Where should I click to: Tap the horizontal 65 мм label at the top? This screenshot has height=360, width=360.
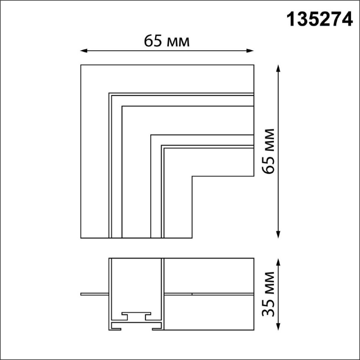coord(167,41)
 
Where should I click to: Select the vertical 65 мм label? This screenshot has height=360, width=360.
coord(267,151)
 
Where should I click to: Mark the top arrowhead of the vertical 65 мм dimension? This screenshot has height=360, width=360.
coord(278,67)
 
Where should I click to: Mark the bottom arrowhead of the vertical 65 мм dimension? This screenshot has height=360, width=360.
coord(278,236)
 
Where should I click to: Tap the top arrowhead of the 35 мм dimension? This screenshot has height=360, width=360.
coord(278,261)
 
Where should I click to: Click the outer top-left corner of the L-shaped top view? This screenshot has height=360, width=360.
coord(81,65)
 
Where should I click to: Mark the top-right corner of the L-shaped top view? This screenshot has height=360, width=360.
coord(253,65)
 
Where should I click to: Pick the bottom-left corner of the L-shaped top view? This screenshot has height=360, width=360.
coord(81,238)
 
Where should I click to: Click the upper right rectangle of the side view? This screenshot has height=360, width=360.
coord(209,275)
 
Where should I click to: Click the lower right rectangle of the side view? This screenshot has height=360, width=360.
coord(209,312)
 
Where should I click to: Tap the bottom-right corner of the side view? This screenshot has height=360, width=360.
coord(253,330)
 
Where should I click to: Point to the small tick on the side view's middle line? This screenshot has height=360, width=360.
coord(192,294)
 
